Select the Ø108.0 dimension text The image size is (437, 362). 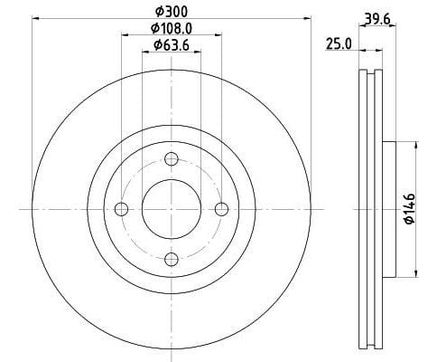tap(171, 30)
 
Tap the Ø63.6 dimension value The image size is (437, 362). tap(171, 44)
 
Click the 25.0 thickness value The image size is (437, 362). tap(338, 43)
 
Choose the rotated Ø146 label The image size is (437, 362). tap(409, 208)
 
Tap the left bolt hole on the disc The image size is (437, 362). tap(121, 209)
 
